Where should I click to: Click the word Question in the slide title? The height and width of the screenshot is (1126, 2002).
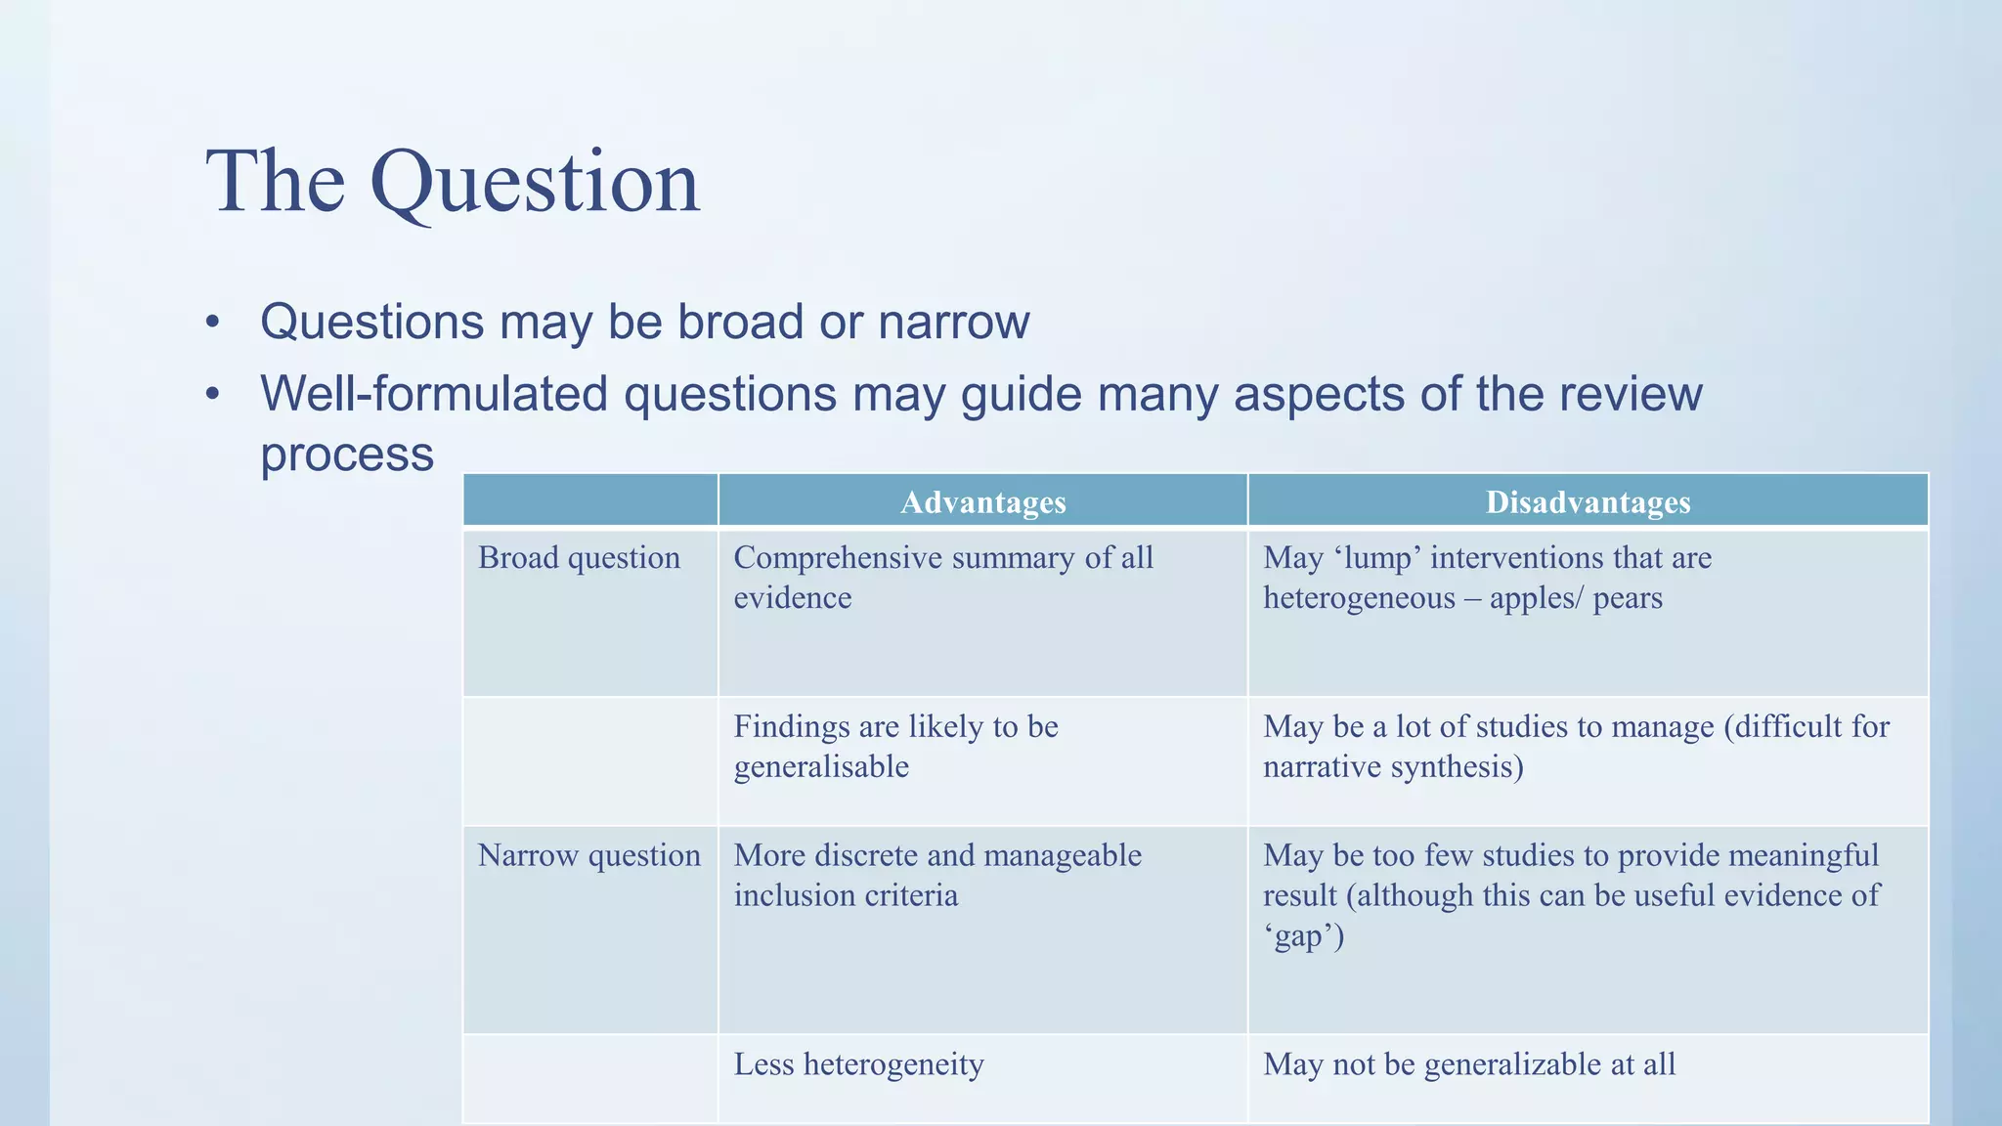pos(535,183)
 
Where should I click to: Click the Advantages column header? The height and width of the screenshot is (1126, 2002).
pos(982,502)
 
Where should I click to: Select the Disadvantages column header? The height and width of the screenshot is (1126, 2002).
pos(1588,502)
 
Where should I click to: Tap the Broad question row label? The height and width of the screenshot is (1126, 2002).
pos(579,558)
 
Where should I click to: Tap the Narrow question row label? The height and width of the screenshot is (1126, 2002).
pos(588,856)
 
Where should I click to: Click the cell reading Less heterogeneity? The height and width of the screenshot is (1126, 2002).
pos(858,1064)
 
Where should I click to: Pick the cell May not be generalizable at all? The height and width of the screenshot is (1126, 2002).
pos(1468,1064)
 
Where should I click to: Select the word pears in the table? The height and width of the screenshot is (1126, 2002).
pos(1627,598)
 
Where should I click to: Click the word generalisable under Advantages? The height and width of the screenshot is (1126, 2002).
pos(821,767)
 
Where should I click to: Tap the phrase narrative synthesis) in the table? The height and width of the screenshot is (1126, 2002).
pos(1393,767)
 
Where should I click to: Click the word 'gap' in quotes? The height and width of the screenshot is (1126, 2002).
pos(1302,936)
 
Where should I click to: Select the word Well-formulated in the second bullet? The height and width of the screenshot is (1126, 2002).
pos(434,395)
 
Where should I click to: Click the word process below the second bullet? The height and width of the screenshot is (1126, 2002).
pos(347,455)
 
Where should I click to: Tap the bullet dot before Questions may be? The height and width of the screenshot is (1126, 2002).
pos(213,324)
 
